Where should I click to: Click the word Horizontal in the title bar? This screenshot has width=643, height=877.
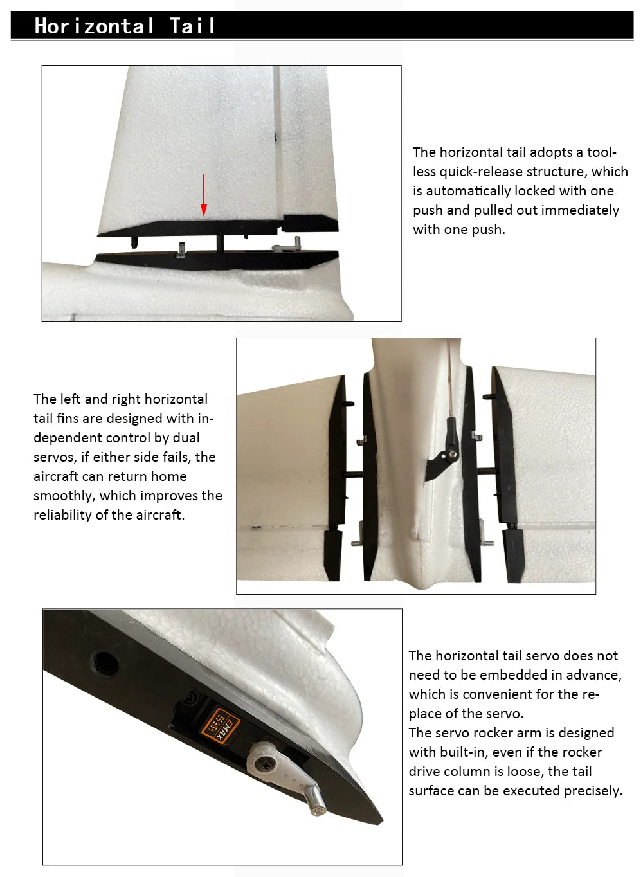coord(94,26)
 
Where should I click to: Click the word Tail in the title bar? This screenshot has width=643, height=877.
coord(192,26)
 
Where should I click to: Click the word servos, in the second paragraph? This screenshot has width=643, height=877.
coord(55,457)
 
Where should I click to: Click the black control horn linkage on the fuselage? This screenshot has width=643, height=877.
coord(444,457)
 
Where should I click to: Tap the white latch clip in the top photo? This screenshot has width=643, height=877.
coord(283,246)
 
